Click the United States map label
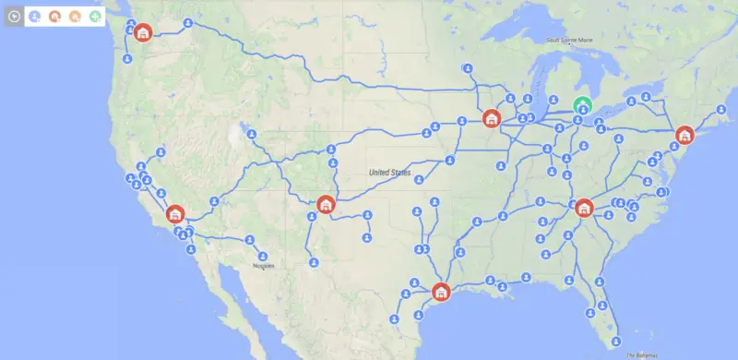point(389,173)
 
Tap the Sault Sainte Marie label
point(565,40)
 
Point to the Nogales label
point(265,267)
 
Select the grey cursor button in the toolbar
point(13,16)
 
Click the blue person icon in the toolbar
point(34,16)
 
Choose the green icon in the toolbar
point(96,16)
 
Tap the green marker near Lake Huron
point(582,105)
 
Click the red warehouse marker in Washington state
point(143,33)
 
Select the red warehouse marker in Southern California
point(175,214)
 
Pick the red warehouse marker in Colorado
point(325,204)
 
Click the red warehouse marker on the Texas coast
point(441,292)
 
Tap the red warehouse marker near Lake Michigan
point(491,119)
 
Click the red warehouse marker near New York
point(684,135)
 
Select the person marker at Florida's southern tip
point(616,340)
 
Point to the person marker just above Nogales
point(263,256)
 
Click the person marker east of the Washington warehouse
point(187,22)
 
